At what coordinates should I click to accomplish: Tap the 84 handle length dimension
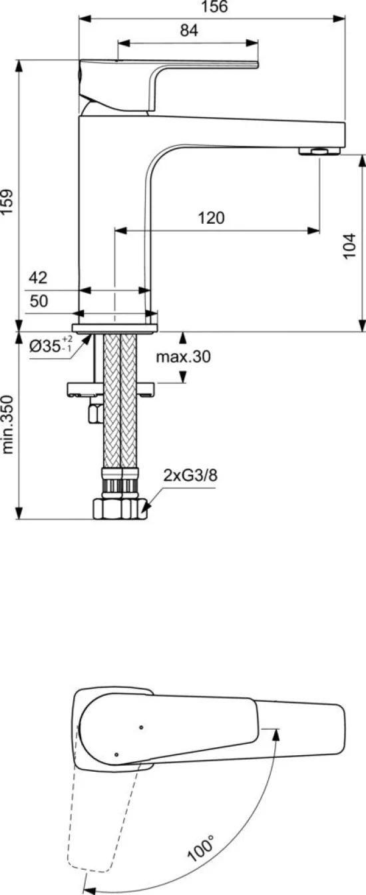point(189,31)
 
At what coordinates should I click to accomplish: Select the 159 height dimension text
point(7,202)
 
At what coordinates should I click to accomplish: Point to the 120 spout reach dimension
point(212,218)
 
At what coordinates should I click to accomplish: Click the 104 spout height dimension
point(349,246)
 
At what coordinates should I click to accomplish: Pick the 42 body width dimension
point(38,277)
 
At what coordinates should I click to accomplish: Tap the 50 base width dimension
point(39,301)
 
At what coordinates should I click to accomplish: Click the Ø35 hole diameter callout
point(51,345)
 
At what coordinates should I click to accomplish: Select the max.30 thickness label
point(183,356)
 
